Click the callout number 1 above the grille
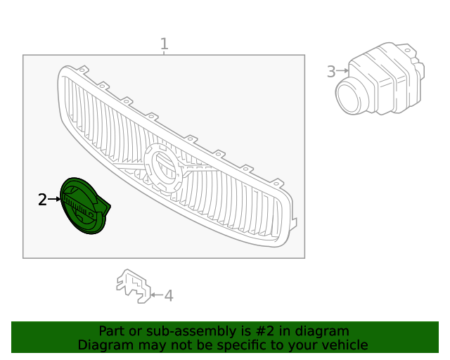pyautogui.click(x=164, y=44)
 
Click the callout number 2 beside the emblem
pyautogui.click(x=42, y=200)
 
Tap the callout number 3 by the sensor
pyautogui.click(x=331, y=71)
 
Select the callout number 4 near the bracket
pyautogui.click(x=169, y=296)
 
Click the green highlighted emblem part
pyautogui.click(x=83, y=205)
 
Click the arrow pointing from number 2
pyautogui.click(x=54, y=200)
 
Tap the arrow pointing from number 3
pyautogui.click(x=342, y=71)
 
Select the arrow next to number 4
pyautogui.click(x=156, y=296)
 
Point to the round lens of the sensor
pyautogui.click(x=349, y=96)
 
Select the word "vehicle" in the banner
pyautogui.click(x=345, y=345)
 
